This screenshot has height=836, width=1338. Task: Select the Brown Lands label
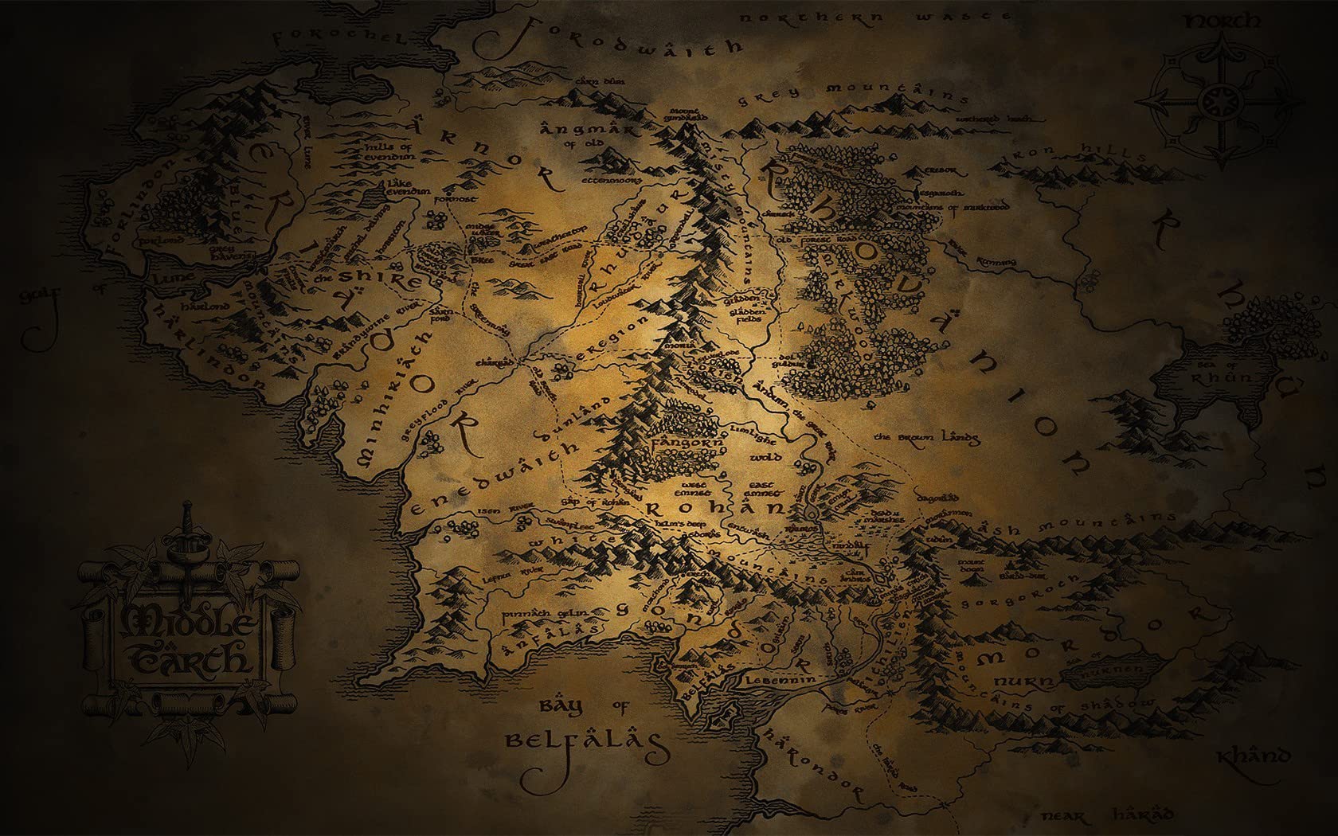pos(927,438)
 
